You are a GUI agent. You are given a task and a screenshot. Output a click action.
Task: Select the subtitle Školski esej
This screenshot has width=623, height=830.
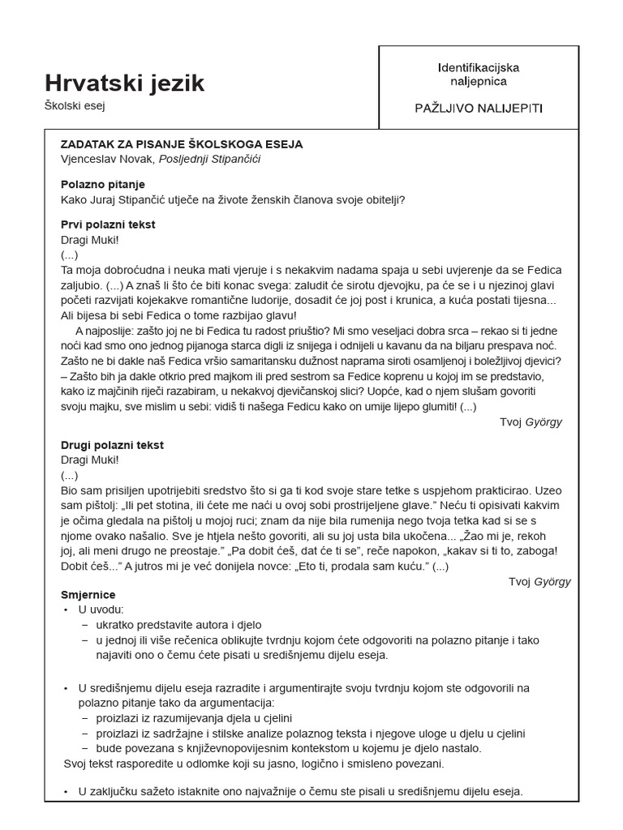75,105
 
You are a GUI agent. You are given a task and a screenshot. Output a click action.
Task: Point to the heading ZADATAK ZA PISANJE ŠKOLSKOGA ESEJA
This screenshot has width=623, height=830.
181,143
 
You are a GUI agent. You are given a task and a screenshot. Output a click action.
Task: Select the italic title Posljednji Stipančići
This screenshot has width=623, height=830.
209,159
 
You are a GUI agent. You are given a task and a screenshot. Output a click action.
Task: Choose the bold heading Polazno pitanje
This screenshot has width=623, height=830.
103,185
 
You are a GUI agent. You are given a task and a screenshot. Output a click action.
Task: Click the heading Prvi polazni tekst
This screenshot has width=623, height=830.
108,225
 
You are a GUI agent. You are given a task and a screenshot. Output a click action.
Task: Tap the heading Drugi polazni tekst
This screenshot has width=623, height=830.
112,445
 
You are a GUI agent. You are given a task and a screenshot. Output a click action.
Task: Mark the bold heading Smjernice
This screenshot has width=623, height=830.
88,594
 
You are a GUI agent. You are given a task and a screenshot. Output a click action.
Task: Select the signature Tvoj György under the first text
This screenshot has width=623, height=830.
531,422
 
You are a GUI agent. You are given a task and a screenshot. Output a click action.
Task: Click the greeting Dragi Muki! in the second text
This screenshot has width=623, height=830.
89,460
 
